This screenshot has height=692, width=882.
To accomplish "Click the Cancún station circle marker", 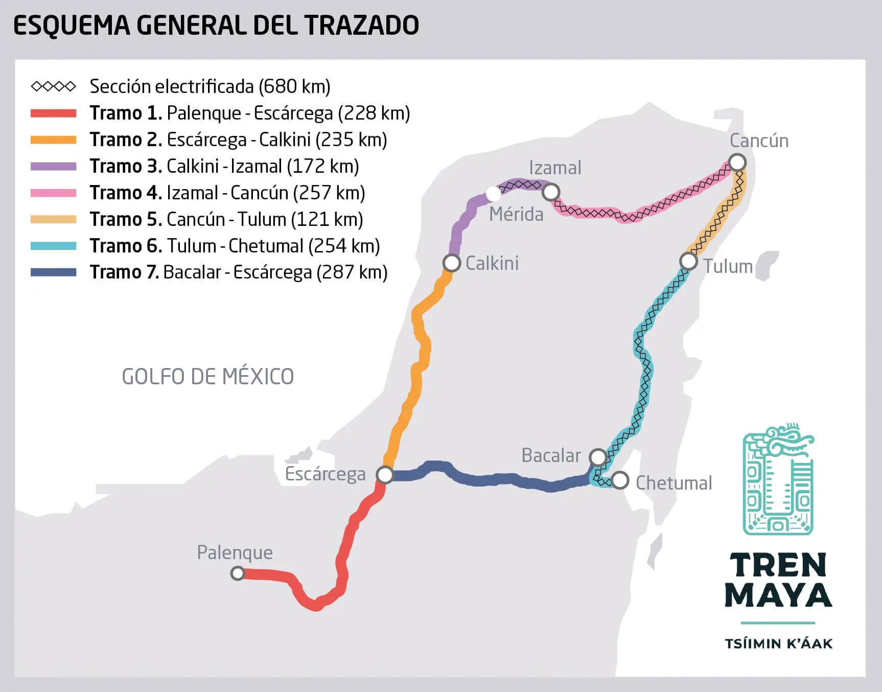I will click(737, 163).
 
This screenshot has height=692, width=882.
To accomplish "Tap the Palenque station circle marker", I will click(237, 573).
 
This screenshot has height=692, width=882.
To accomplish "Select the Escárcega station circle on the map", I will click(385, 475).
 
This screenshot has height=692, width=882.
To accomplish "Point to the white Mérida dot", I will click(493, 194).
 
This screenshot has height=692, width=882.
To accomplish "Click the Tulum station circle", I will click(688, 261).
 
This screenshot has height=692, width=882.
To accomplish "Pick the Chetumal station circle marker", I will click(620, 480).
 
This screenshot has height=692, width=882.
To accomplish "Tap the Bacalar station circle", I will click(598, 457).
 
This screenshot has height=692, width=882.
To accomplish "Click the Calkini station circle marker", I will click(452, 263).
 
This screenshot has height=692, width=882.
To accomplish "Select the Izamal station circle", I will click(551, 192).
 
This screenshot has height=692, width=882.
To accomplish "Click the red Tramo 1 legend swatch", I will click(53, 113).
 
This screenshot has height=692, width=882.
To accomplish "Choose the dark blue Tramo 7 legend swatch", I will click(53, 272).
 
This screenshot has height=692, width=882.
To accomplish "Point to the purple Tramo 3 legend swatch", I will click(53, 167).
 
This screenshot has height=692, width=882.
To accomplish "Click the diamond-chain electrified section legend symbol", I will click(53, 86).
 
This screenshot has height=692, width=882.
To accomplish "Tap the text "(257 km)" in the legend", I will click(330, 193).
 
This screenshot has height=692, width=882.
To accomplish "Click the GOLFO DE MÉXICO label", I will click(207, 377).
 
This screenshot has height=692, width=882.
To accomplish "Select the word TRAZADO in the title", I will click(361, 26).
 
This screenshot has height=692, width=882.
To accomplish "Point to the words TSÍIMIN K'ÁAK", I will click(778, 643).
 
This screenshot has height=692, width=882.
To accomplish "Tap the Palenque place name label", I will click(235, 552).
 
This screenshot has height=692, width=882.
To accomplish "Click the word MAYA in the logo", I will click(778, 595).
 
